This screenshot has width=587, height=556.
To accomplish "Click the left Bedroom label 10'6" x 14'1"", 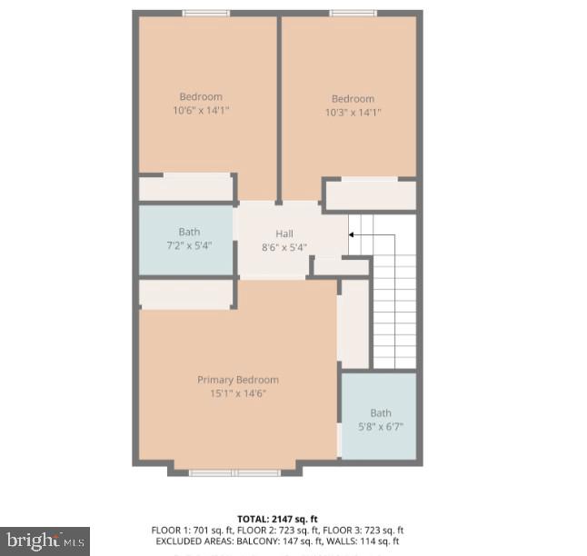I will click(x=201, y=110).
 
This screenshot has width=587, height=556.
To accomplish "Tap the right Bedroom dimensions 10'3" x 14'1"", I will click(x=353, y=113).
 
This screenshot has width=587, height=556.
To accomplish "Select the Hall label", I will click(x=284, y=233).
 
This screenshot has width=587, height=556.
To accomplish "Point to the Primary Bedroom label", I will click(x=238, y=380).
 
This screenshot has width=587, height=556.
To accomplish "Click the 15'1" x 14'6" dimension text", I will click(x=238, y=393).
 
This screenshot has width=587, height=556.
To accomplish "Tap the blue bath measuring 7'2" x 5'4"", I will click(x=187, y=240).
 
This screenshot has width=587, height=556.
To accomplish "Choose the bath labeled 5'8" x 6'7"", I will click(x=380, y=419).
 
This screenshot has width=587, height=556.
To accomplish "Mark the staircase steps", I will click(x=393, y=300).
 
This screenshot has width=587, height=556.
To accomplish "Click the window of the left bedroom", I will click(x=206, y=13).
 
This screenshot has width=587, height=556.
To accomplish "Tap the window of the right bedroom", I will click(x=353, y=13).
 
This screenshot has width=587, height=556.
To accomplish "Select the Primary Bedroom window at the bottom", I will click(x=234, y=472).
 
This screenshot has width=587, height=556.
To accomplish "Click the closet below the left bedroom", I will click(x=186, y=188).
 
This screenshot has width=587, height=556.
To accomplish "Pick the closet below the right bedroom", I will click(x=371, y=195).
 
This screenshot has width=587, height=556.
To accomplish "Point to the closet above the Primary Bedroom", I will click(x=186, y=294).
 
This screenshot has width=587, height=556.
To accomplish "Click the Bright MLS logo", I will click(x=45, y=541).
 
